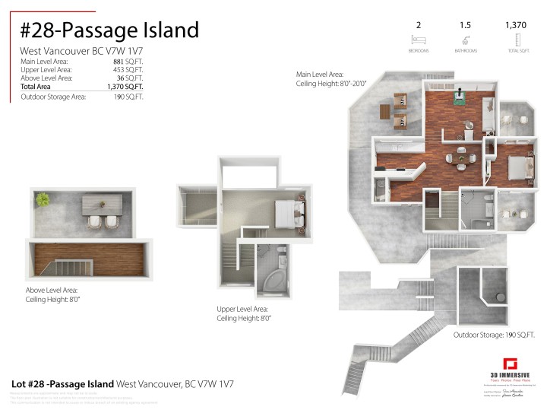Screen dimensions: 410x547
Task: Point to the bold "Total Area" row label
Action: pyautogui.click(x=37, y=87)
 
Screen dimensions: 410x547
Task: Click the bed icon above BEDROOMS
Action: pyautogui.click(x=419, y=38)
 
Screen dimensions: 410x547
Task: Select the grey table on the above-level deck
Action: pyautogui.click(x=100, y=203)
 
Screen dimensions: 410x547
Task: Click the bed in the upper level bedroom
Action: pyautogui.click(x=288, y=213)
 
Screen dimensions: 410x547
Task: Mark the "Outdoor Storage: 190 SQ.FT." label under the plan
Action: pyautogui.click(x=494, y=335)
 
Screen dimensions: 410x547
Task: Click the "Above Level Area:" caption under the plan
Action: pyautogui.click(x=51, y=290)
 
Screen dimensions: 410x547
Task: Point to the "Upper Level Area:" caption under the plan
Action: pyautogui.click(x=242, y=309)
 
